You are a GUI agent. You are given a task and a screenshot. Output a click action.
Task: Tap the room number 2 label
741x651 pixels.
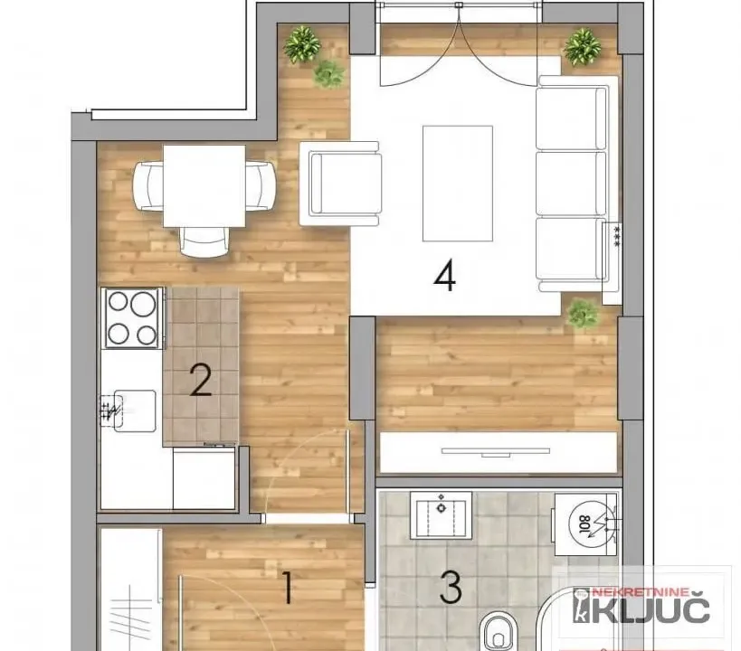[200, 381]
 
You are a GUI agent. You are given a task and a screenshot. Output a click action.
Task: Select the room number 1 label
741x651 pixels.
[288, 590]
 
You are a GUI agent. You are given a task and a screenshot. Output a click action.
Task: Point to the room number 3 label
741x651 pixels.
[451, 589]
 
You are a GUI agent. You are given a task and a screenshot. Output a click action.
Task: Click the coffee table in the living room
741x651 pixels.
[457, 184]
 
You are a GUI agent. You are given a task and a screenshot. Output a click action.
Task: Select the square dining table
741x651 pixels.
[204, 186]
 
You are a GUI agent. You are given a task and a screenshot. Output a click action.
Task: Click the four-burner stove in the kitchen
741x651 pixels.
[132, 317]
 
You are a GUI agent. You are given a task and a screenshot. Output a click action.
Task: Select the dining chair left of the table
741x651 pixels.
[147, 184]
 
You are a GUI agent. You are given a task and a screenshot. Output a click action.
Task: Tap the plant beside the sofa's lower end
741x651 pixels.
[583, 314]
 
